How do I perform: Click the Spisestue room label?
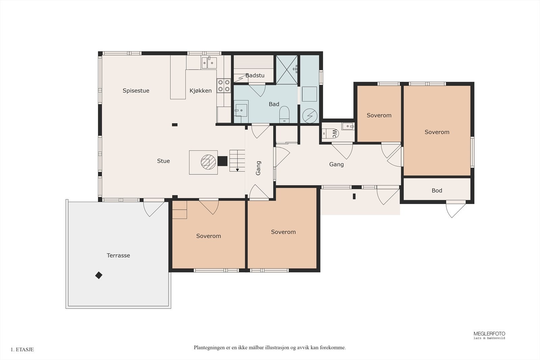136,91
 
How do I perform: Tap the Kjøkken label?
200,91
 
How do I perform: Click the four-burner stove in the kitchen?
223,86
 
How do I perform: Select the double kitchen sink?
209,63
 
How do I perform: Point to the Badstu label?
255,76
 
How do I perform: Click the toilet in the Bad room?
284,115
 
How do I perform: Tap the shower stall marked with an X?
287,70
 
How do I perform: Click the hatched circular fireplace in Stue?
208,162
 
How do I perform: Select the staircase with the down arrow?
237,161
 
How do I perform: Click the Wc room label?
334,134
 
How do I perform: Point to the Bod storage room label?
437,191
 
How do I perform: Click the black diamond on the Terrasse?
99,275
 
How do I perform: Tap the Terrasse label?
118,256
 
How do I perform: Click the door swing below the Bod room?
456,209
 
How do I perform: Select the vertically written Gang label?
258,168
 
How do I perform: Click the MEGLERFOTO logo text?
489,334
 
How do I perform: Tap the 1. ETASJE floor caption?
22,350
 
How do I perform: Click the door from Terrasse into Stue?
154,207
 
